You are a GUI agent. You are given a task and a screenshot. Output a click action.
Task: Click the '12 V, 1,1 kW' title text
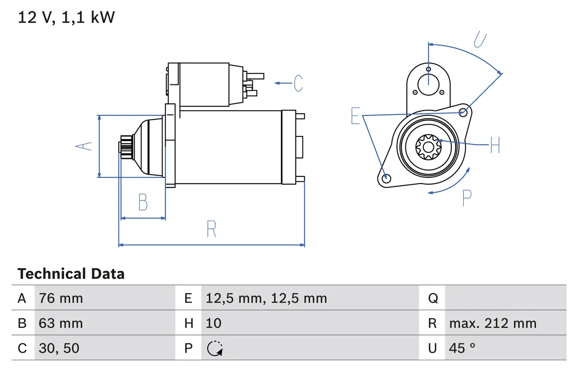[x=66, y=18]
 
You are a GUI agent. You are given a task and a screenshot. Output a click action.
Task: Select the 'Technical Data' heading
[x=71, y=274]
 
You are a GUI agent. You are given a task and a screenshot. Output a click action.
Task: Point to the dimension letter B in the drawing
[x=143, y=202]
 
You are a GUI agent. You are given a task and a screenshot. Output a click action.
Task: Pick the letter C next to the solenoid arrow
[x=298, y=83]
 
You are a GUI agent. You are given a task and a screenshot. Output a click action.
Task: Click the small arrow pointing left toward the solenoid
[x=283, y=83]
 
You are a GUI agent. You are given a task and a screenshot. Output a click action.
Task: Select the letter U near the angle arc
[x=480, y=39]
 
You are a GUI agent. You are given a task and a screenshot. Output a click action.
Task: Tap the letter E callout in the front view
[x=356, y=116]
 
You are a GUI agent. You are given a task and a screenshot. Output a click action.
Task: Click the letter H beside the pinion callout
[x=495, y=145]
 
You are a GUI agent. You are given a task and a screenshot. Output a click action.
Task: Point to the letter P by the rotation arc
[x=467, y=198]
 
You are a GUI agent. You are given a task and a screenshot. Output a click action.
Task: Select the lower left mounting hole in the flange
[x=386, y=179]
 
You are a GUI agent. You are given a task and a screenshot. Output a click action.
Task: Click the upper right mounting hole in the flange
[x=462, y=112]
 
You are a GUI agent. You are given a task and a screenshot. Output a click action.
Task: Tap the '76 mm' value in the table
[x=61, y=298]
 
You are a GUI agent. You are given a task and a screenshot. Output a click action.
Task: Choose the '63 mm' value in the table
[x=61, y=323]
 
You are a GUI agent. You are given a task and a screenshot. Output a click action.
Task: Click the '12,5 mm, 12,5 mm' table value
[x=266, y=298]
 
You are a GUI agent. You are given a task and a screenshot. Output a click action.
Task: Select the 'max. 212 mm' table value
[x=493, y=323]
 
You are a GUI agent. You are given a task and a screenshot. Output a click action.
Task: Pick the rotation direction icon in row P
[x=214, y=348]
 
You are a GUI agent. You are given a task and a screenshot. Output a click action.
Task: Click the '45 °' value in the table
[x=462, y=348]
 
